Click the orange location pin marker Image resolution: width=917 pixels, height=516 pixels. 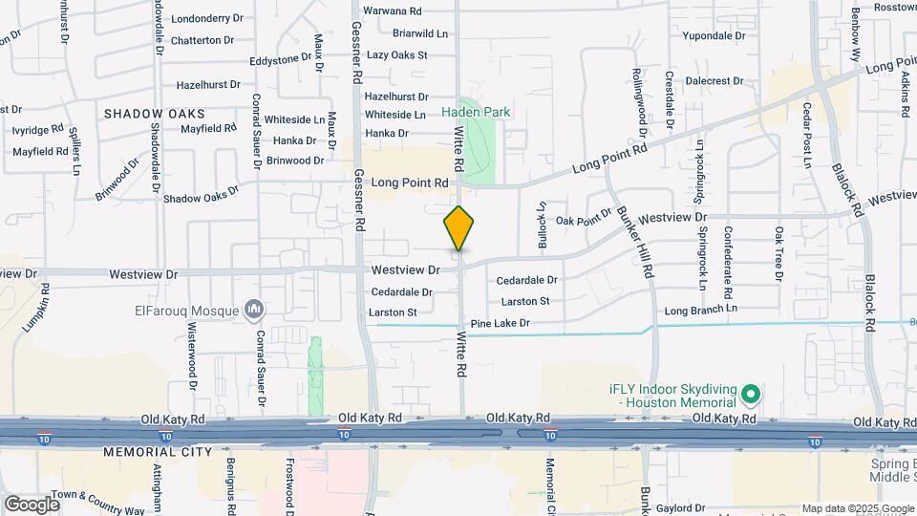[x=458, y=228]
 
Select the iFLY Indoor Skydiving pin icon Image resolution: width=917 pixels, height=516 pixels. [x=752, y=394]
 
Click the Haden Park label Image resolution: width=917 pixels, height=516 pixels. [x=476, y=112]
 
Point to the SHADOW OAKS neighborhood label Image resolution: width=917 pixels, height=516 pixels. [x=155, y=113]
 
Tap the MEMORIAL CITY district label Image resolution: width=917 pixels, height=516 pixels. [x=155, y=451]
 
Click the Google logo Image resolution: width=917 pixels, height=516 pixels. [x=32, y=504]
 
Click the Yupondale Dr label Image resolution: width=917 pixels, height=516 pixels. [x=714, y=35]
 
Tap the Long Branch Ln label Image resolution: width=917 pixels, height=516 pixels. [x=701, y=311]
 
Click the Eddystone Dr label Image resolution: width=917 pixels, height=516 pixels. [x=281, y=59]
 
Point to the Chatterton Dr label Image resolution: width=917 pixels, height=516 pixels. [x=203, y=40]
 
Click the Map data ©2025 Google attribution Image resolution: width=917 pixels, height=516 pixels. [x=858, y=508]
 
